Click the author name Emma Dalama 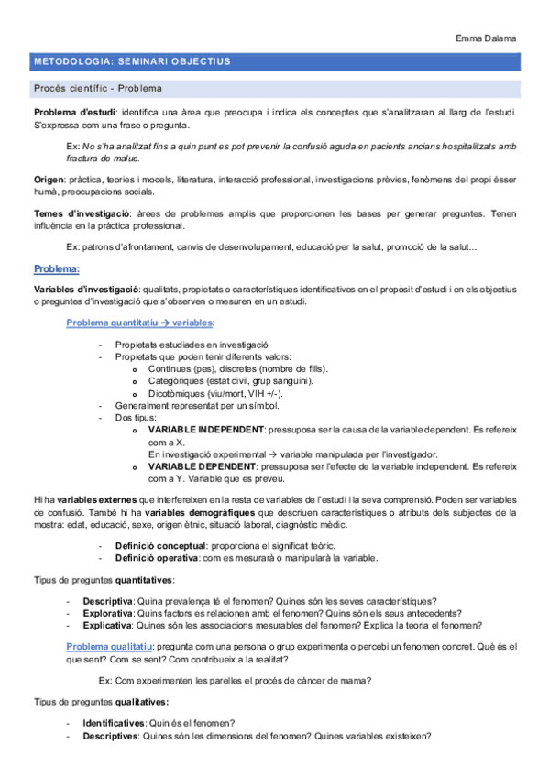coord(486,38)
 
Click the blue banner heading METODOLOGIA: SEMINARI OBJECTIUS coord(132,62)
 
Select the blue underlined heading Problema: coord(57,269)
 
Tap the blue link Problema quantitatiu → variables coord(141,323)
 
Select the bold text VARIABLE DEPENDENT coord(202,465)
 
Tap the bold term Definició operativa coord(155,557)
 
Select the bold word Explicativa coord(106,625)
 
